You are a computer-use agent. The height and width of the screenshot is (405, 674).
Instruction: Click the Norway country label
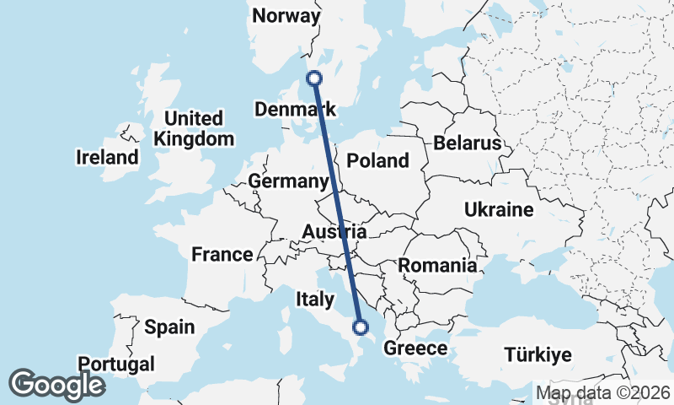click(x=286, y=16)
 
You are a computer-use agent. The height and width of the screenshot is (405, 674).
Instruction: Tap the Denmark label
click(x=295, y=110)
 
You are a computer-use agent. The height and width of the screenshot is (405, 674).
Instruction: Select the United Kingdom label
click(x=194, y=128)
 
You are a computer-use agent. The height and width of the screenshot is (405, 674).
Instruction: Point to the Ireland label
click(x=107, y=158)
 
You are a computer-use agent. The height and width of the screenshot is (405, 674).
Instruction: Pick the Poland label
click(x=377, y=161)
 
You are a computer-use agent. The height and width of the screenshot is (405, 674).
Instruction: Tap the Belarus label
click(x=468, y=143)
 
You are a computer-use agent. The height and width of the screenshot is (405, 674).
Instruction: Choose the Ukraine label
click(x=499, y=210)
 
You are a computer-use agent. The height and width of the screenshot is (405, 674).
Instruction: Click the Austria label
click(x=334, y=232)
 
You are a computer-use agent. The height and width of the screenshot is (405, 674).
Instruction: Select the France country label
click(x=222, y=255)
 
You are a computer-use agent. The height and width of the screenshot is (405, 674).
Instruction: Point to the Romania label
click(x=437, y=266)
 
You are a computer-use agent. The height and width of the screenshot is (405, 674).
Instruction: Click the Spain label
click(x=169, y=327)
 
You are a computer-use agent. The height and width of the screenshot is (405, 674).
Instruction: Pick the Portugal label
click(x=116, y=364)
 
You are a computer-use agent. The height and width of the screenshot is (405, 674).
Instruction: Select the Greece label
click(x=415, y=348)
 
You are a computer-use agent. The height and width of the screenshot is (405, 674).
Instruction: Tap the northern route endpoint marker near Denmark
click(x=314, y=78)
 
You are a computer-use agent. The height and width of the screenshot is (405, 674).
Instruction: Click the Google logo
click(x=56, y=385)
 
